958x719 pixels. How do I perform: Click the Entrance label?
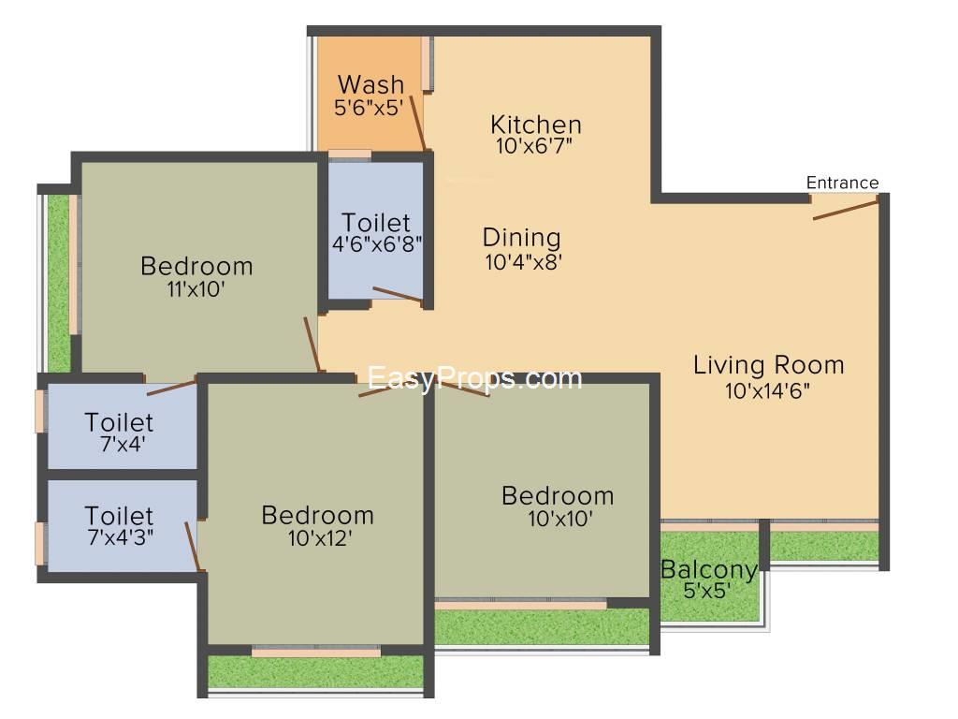click(x=842, y=183)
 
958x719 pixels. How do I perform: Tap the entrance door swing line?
click(x=846, y=210)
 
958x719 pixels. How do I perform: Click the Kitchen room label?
click(x=536, y=125)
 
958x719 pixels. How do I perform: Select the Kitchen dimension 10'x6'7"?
click(x=534, y=145)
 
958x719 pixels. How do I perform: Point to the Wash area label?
click(x=370, y=83)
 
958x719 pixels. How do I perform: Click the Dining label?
click(x=521, y=237)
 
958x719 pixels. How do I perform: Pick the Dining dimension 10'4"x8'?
click(x=523, y=262)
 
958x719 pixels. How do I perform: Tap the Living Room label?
click(x=769, y=365)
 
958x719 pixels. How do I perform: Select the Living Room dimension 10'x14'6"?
click(x=767, y=390)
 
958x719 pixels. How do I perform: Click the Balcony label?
click(x=709, y=570)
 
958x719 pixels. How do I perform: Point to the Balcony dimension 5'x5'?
click(x=707, y=591)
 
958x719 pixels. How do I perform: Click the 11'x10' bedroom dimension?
click(x=196, y=288)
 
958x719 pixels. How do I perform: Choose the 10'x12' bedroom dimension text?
click(x=320, y=538)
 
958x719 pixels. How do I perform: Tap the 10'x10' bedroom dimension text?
click(x=559, y=519)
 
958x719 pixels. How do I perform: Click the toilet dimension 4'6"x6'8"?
click(x=377, y=244)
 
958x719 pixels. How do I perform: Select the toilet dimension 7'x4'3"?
click(x=121, y=536)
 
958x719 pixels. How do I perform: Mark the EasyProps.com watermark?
click(x=474, y=378)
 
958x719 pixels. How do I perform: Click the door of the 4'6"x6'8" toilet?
click(x=397, y=294)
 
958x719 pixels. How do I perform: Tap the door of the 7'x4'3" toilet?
click(x=194, y=547)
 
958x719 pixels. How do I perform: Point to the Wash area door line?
click(x=417, y=123)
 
